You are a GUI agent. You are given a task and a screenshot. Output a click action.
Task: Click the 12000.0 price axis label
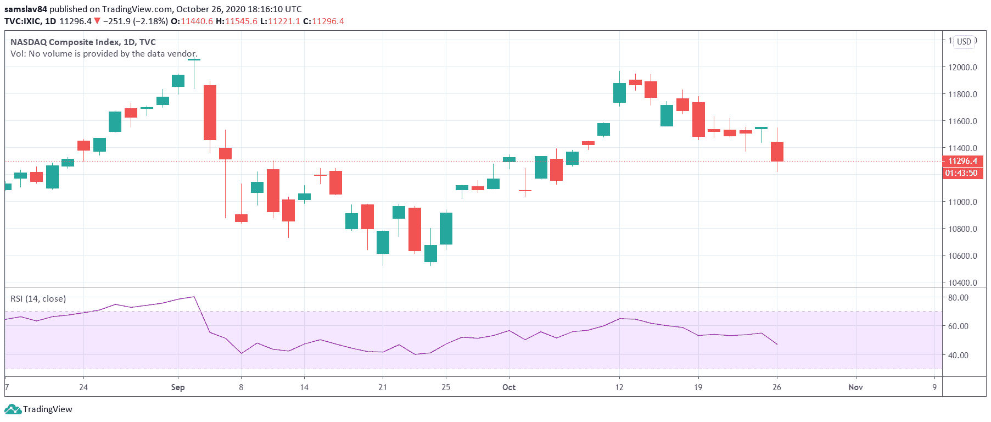pos(962,67)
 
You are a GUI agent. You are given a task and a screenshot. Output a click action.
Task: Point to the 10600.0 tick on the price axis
pos(962,256)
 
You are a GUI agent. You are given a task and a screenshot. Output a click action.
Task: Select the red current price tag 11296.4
pos(962,161)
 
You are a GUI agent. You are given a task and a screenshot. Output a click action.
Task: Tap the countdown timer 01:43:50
pos(961,173)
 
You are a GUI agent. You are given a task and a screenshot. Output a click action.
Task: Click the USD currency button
pos(964,42)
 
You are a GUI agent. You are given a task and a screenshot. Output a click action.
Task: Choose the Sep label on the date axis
pos(178,387)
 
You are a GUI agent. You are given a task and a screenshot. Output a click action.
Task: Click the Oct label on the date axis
pos(509,387)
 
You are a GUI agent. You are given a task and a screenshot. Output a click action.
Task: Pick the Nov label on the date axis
pos(855,387)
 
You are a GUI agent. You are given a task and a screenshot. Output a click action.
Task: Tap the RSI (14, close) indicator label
pos(38,299)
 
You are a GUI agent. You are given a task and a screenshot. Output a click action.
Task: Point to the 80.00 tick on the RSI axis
pos(958,297)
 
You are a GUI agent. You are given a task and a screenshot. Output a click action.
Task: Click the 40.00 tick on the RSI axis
pos(958,355)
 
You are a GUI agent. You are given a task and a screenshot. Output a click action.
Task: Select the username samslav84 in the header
pos(26,9)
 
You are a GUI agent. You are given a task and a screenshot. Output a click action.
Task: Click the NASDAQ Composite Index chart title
pos(83,42)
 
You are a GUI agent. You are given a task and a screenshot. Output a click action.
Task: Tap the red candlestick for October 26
pos(777,152)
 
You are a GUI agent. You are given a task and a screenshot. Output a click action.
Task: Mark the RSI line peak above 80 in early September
pos(194,297)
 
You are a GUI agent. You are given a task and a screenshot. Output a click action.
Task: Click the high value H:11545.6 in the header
pos(237,21)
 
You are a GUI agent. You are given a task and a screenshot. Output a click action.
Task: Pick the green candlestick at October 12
pos(619,93)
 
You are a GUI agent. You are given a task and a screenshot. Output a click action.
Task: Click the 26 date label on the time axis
pos(776,387)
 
